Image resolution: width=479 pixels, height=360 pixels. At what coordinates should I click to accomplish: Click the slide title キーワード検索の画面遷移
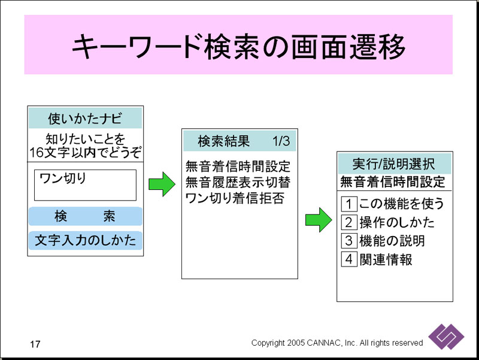click(x=238, y=46)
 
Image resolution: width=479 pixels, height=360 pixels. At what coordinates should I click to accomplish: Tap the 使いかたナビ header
click(x=85, y=117)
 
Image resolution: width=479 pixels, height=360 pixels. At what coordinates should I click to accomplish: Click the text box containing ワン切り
click(x=85, y=184)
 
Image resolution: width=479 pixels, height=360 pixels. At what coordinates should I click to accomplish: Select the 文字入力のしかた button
click(x=85, y=240)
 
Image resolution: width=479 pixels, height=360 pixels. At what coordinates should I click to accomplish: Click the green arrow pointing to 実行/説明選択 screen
click(x=318, y=220)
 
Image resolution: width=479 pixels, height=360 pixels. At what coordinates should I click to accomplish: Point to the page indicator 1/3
click(x=281, y=141)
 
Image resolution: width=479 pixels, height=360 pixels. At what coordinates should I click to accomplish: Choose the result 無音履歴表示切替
click(x=238, y=181)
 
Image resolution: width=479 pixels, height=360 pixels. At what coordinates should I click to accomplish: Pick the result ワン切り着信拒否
click(x=235, y=197)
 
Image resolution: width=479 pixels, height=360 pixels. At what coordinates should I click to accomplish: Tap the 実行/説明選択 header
click(x=394, y=163)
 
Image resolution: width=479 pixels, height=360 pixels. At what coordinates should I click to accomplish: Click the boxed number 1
click(x=349, y=204)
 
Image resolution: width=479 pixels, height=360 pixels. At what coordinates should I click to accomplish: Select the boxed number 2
click(x=349, y=222)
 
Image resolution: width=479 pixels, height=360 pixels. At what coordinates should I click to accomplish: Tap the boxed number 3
click(x=349, y=241)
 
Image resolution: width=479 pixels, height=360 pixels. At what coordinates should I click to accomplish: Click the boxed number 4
click(x=349, y=259)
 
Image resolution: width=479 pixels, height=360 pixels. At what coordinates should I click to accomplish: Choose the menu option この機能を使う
click(x=402, y=204)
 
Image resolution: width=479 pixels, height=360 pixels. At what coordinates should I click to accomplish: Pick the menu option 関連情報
click(x=386, y=259)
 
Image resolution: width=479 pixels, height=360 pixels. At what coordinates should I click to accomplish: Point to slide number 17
click(x=35, y=344)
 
